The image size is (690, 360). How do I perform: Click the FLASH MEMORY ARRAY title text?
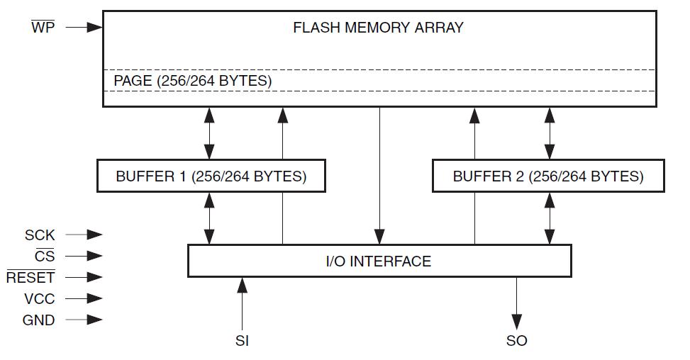(378, 28)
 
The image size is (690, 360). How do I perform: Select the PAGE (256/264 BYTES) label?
(192, 81)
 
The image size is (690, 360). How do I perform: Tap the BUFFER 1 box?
(211, 176)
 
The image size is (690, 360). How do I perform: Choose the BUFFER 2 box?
(548, 176)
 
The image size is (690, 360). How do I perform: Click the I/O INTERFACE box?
(379, 261)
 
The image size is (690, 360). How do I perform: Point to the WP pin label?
(43, 28)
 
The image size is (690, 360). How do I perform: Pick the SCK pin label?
(40, 235)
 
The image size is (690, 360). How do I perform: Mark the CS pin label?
(44, 256)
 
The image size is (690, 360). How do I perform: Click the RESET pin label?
(30, 278)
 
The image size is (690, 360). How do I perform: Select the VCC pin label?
(39, 299)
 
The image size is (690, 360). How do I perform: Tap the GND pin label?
(38, 320)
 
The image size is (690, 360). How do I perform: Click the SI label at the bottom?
(242, 341)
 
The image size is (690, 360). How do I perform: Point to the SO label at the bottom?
(516, 341)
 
